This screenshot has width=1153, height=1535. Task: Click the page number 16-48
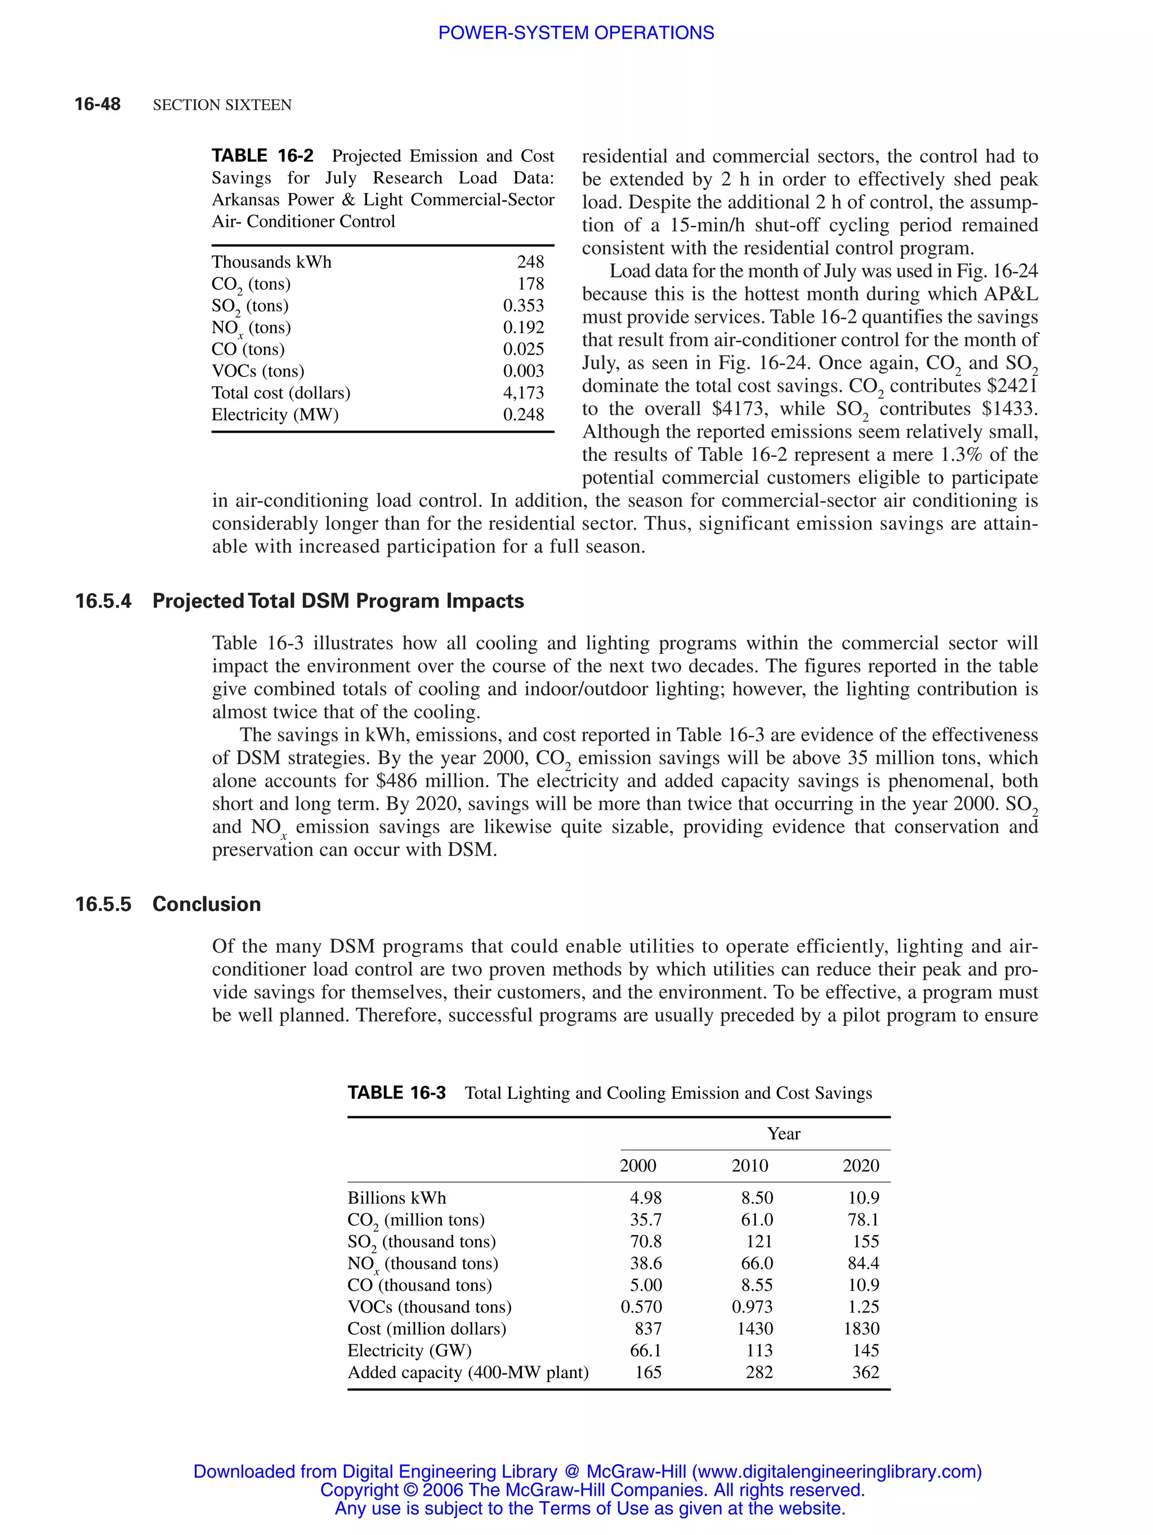point(97,104)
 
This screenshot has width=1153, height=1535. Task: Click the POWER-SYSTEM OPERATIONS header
point(575,33)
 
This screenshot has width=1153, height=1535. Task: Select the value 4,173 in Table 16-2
point(524,393)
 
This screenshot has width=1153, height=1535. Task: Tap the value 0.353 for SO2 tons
point(524,306)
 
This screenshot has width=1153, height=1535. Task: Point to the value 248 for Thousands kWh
point(530,262)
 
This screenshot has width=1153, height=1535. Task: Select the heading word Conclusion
point(206,904)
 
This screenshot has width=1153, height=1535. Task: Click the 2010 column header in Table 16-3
point(750,1165)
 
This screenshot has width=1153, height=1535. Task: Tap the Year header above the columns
point(784,1133)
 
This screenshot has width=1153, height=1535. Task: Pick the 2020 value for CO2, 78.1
point(863,1219)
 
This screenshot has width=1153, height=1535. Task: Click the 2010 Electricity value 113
point(759,1350)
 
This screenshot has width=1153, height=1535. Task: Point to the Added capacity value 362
point(866,1372)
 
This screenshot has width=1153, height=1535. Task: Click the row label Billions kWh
point(396,1198)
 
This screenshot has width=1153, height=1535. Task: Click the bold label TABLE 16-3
point(396,1093)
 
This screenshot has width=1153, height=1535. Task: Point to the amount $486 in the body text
point(399,780)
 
